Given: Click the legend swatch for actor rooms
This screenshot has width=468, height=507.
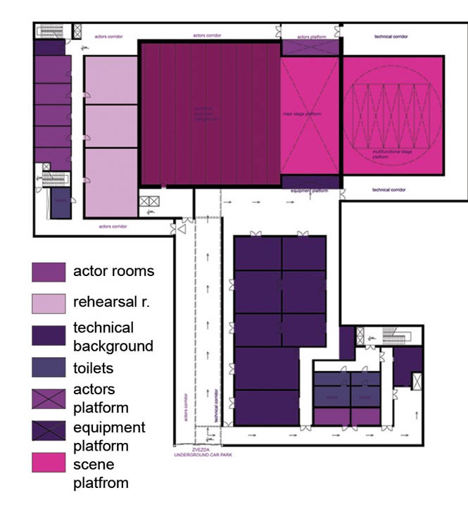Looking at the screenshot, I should point(48,272).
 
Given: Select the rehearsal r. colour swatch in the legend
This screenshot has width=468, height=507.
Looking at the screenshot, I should point(48,303).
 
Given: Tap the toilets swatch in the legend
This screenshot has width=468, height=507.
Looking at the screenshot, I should point(48,368).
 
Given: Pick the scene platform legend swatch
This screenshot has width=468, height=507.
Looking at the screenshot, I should point(48,462).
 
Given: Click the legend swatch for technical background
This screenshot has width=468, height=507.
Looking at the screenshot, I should point(48,334).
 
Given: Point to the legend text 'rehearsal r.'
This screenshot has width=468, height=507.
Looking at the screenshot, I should point(113,302).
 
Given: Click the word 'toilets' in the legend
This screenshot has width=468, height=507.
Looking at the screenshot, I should point(93,368).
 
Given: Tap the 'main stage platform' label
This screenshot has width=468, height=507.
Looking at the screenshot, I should point(302,113).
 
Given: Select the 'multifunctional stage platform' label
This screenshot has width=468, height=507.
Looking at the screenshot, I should point(392,153).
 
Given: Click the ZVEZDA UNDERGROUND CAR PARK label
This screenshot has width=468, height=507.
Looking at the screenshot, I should point(203,452).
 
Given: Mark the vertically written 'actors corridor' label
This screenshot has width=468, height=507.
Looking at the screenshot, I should point(185,406).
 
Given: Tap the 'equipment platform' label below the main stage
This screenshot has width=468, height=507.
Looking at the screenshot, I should point(310,190).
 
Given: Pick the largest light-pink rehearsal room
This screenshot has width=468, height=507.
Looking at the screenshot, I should point(110,182).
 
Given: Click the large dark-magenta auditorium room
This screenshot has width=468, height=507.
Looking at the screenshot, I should point(210,113).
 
